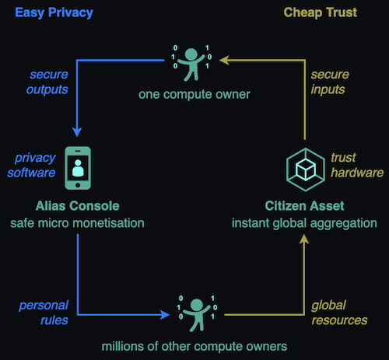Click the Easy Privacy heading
[54, 12]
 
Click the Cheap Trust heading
[321, 12]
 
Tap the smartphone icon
[78, 168]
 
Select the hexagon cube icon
[306, 170]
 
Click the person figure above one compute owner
[191, 64]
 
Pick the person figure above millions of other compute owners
[197, 314]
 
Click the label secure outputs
[47, 82]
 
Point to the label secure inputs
[330, 82]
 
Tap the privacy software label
[31, 165]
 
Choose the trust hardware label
[357, 165]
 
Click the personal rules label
[44, 313]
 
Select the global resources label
[339, 313]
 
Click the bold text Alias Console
[78, 206]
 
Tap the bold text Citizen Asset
[304, 206]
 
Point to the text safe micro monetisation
[77, 223]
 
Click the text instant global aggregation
[304, 223]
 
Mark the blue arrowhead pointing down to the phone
[77, 132]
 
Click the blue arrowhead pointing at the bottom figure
[164, 315]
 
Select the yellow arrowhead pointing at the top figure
[224, 60]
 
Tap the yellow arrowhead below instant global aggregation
[304, 239]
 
